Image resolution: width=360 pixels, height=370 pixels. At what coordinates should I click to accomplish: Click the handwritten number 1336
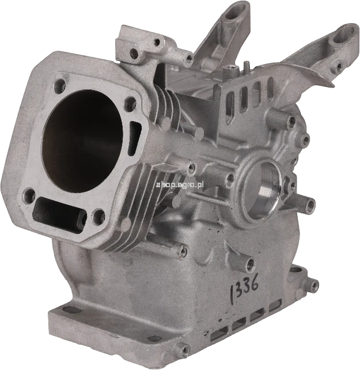point(244,287)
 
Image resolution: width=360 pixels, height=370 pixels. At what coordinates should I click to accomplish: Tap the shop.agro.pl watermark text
point(180,185)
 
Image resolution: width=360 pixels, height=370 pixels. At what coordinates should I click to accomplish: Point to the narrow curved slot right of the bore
point(134,138)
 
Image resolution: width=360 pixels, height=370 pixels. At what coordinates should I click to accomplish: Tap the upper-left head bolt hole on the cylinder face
point(60,86)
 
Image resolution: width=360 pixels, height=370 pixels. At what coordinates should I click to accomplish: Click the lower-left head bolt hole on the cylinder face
point(29,195)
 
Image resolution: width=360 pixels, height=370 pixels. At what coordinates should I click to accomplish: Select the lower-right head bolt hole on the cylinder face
point(99,217)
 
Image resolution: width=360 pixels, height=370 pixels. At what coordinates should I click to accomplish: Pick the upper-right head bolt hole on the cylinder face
point(130,103)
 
